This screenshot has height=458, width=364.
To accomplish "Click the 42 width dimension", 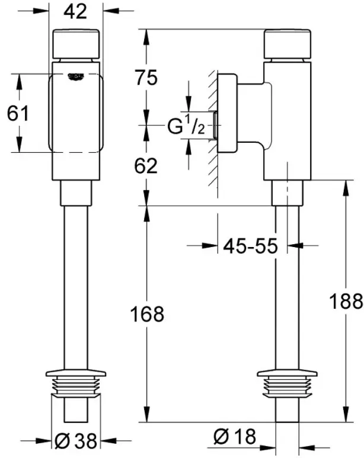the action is click(75, 12).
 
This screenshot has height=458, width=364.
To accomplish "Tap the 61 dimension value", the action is click(18, 113).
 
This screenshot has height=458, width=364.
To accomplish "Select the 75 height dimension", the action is click(146, 78).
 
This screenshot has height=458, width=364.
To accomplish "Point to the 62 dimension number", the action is click(146, 166).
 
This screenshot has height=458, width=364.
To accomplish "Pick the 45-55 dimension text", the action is click(250, 246).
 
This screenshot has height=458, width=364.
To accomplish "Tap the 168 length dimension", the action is click(147, 314).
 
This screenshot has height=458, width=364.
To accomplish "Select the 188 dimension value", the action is click(346, 301).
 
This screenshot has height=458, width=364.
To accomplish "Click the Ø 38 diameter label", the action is click(76, 440).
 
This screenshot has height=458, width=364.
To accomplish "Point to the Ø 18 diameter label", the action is click(235, 437).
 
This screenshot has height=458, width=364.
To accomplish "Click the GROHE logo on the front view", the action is click(76, 76).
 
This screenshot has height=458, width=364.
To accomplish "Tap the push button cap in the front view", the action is click(76, 44).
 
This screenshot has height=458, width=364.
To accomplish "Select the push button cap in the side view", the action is click(288, 44).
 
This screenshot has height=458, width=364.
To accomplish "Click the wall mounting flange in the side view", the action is click(228, 113).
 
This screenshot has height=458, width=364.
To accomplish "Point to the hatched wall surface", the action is click(213, 129).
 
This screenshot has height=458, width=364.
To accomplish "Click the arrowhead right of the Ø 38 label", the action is click(108, 440).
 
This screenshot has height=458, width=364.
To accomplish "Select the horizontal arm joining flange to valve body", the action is click(254, 113).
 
